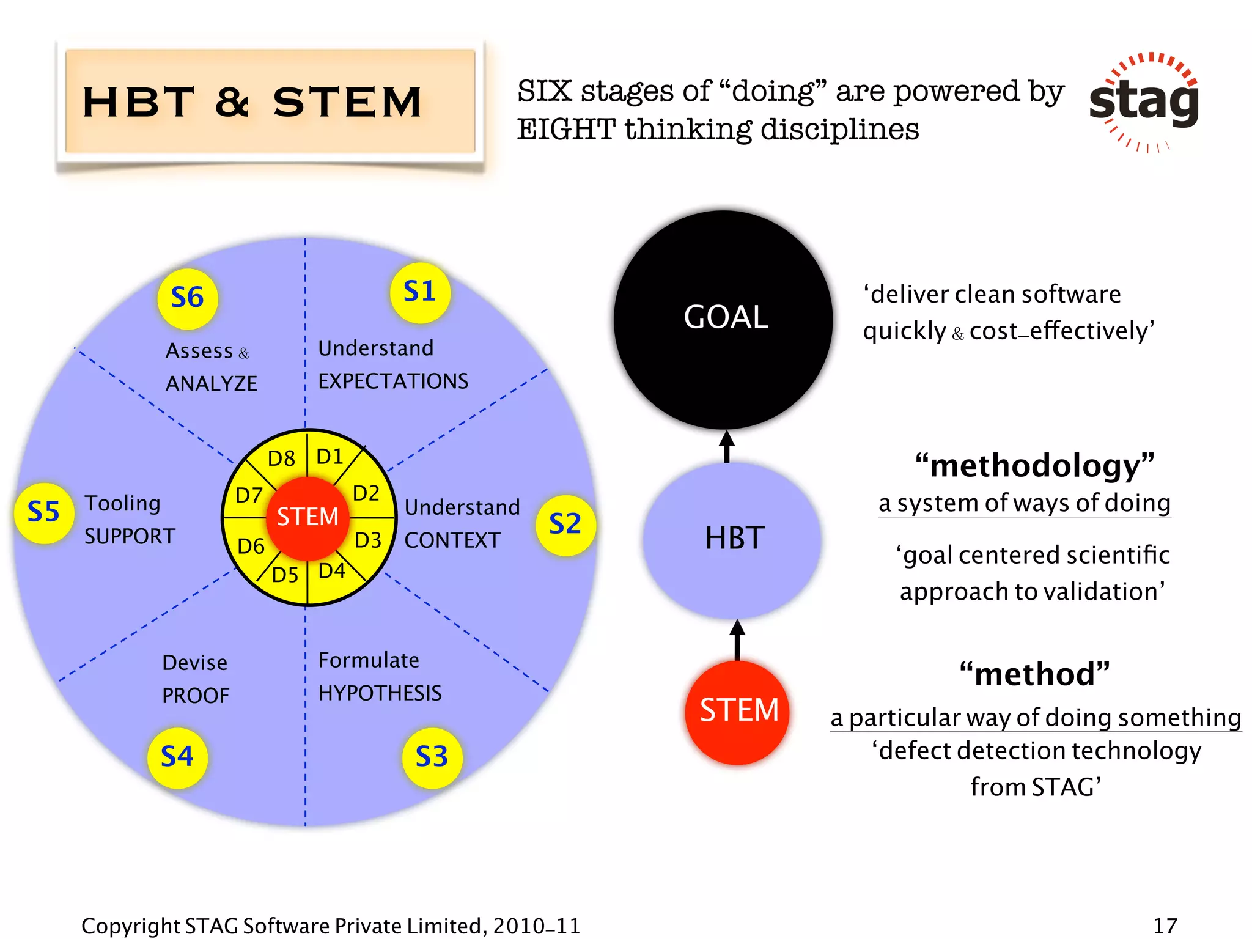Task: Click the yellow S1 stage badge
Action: click(x=420, y=292)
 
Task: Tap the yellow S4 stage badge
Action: click(x=177, y=757)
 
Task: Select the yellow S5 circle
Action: click(x=44, y=513)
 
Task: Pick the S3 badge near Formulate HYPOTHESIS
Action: click(x=432, y=757)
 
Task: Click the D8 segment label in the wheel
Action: click(x=281, y=458)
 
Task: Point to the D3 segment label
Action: click(x=368, y=540)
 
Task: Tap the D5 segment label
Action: click(x=285, y=575)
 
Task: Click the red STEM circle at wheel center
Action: click(x=307, y=518)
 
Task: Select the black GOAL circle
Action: click(x=724, y=319)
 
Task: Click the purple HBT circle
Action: click(x=732, y=539)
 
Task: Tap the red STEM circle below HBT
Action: click(x=738, y=711)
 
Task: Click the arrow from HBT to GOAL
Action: click(x=726, y=446)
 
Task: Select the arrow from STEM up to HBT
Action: click(x=737, y=639)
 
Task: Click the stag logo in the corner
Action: click(x=1144, y=101)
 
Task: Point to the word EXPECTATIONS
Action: click(x=393, y=381)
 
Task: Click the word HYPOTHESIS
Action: click(x=380, y=693)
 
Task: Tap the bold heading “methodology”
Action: click(x=1034, y=466)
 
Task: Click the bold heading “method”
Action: click(x=1034, y=675)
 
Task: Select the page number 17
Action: click(x=1165, y=926)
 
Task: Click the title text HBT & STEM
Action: click(x=252, y=102)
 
